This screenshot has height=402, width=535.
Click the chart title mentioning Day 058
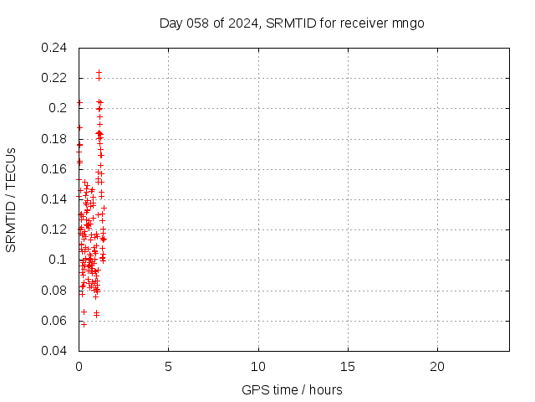coord(292,23)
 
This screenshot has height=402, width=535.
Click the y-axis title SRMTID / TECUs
coord(12,199)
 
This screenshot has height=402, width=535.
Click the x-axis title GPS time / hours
coord(292,389)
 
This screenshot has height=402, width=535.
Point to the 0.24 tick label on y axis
coord(54,48)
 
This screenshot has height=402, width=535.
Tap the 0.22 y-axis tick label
coord(54,78)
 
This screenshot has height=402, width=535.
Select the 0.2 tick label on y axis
coord(58,108)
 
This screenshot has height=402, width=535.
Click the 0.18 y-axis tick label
coord(54,139)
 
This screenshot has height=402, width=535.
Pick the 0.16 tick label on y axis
coord(54,169)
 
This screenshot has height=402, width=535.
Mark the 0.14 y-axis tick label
coord(54,199)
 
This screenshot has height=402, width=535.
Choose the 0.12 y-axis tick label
coord(54,229)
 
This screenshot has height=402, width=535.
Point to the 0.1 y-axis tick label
coord(58,260)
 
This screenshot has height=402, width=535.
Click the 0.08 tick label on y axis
coord(54,291)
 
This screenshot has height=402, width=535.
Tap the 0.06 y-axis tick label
coord(54,321)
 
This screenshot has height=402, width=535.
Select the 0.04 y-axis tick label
coord(54,351)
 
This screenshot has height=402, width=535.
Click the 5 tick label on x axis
coord(168,367)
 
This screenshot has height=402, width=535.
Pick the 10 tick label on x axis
coord(258,367)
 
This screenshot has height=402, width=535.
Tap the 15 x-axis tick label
coord(348,367)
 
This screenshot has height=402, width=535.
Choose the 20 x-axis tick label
coord(437,367)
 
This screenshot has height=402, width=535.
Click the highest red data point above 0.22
coord(99,72)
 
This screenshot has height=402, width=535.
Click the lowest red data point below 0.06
coord(84,324)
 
